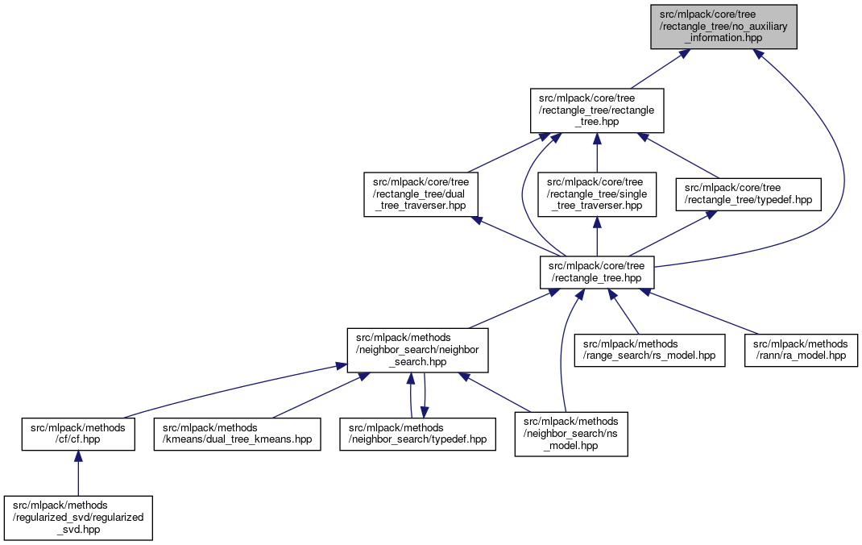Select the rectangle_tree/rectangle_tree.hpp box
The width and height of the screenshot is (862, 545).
coord(596,110)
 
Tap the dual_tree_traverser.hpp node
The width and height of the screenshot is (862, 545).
coord(421,194)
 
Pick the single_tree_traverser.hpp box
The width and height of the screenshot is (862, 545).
coord(596,194)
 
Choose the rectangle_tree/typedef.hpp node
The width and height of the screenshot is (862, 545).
coord(748,194)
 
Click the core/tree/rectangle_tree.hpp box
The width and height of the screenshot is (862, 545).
coord(596,272)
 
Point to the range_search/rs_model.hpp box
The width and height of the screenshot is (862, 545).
coord(649,350)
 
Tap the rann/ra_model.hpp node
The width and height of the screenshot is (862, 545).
coord(801,350)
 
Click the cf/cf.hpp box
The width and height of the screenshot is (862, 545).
coord(78,434)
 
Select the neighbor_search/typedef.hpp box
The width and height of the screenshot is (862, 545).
coord(417,434)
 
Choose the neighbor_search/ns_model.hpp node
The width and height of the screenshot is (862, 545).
coord(571,434)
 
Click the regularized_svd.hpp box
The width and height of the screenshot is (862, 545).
coord(78,517)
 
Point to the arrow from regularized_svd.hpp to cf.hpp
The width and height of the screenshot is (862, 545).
coord(78,476)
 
